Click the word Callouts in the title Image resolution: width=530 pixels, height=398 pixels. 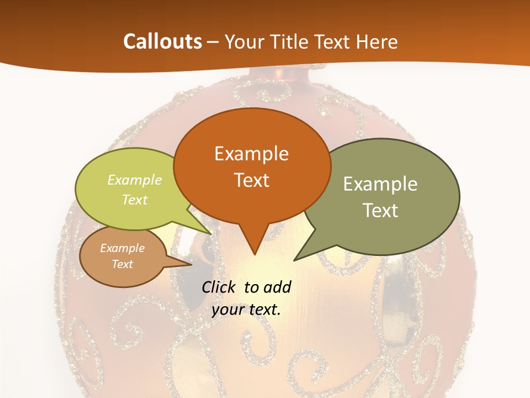162,42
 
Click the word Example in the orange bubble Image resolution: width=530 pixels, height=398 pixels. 251,154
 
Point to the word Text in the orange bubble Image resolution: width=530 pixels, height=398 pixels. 252,180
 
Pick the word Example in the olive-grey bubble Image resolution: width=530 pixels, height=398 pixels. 380,184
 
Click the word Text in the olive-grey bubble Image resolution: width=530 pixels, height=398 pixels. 380,211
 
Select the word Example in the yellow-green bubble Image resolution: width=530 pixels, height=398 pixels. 135,180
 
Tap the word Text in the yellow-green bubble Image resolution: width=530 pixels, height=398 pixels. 135,200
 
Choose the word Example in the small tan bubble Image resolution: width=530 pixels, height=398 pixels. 123,248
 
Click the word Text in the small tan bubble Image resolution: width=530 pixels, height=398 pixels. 123,264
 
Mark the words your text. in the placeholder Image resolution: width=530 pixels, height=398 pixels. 246,310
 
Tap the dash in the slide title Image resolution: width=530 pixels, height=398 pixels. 214,42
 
